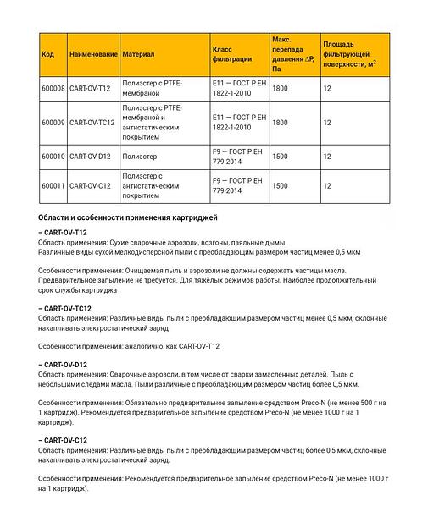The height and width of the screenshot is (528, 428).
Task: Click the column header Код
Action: (x=47, y=54)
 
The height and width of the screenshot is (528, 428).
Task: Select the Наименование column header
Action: (x=92, y=54)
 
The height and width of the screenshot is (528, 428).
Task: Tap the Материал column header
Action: (x=138, y=54)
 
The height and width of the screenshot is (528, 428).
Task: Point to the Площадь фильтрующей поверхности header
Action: (x=349, y=52)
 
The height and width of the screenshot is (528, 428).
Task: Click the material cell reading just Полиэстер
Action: (x=141, y=157)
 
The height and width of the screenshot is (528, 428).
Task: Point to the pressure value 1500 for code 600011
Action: (x=280, y=185)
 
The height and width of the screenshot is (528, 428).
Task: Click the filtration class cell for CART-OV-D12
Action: (x=236, y=157)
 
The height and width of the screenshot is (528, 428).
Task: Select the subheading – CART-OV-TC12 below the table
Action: (x=67, y=309)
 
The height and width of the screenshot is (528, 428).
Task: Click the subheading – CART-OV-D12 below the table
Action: (x=65, y=364)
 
